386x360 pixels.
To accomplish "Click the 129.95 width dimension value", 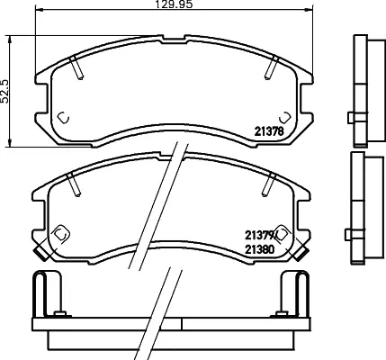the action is [174, 4].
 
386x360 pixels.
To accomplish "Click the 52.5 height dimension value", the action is [4, 91].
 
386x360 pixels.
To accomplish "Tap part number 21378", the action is [269, 131].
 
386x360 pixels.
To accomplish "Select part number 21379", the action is [257, 235].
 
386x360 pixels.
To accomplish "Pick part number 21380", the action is [260, 249].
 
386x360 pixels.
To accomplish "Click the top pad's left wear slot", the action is [76, 67].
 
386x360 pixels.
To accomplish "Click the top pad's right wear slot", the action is [272, 67].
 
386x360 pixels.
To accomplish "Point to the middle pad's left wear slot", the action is [74, 184].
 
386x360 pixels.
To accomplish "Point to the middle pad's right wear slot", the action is [269, 184].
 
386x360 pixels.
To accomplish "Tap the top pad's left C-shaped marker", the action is [63, 118].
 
